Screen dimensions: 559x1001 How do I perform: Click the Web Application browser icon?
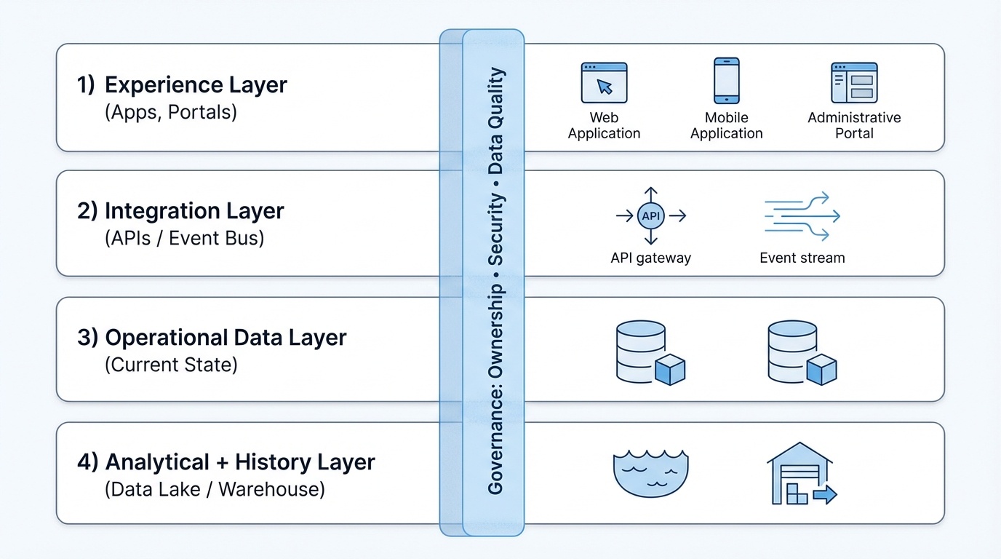[604, 82]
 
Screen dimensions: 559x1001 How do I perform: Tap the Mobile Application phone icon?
[726, 81]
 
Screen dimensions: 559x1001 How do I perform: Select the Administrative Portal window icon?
[854, 82]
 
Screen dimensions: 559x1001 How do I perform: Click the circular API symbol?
[650, 215]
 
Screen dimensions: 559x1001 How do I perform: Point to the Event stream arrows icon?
[802, 216]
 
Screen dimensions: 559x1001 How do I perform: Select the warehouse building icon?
[801, 474]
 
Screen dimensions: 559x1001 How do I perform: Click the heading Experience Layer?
[196, 84]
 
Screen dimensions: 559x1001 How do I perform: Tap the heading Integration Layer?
[194, 211]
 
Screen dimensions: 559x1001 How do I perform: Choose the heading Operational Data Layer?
[226, 338]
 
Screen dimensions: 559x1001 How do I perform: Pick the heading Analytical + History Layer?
[240, 462]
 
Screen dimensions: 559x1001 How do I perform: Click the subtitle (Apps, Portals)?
[171, 114]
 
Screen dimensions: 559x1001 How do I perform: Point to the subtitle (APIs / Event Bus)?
[184, 238]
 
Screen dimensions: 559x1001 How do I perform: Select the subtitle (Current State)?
[171, 364]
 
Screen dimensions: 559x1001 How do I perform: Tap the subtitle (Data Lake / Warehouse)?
[215, 489]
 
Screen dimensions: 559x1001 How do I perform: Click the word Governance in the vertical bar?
[496, 444]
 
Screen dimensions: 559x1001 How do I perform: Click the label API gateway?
[650, 258]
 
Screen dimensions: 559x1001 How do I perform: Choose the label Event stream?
[802, 258]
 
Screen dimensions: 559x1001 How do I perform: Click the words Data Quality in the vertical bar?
[496, 121]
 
